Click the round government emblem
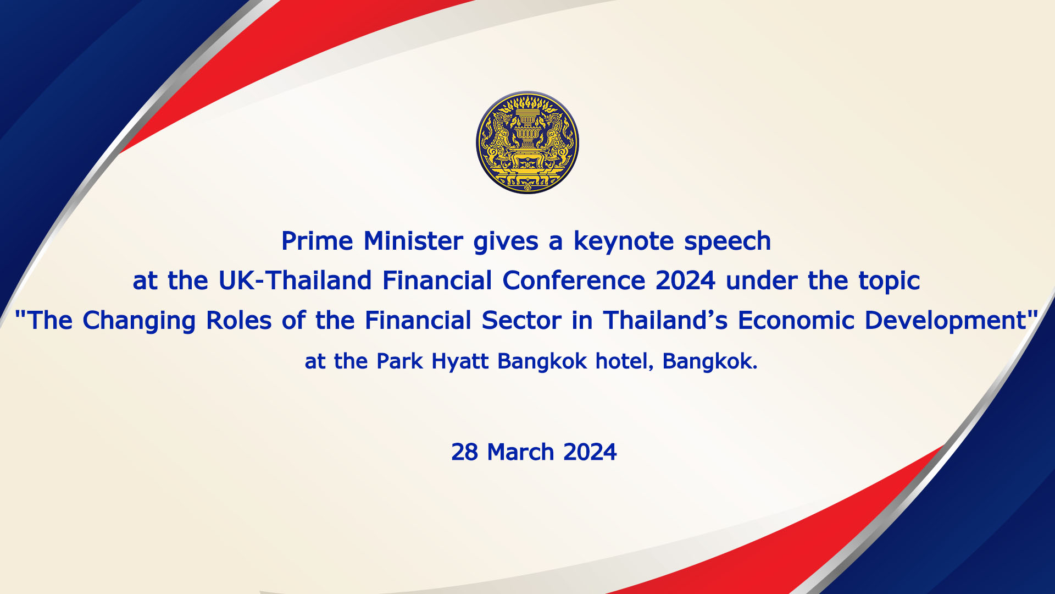(x=527, y=142)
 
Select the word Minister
(x=414, y=241)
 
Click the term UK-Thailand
(x=295, y=280)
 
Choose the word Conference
(x=574, y=280)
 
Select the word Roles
(x=238, y=321)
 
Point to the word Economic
(x=796, y=321)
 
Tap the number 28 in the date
(x=464, y=453)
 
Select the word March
(x=520, y=453)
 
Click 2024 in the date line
(x=590, y=453)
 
